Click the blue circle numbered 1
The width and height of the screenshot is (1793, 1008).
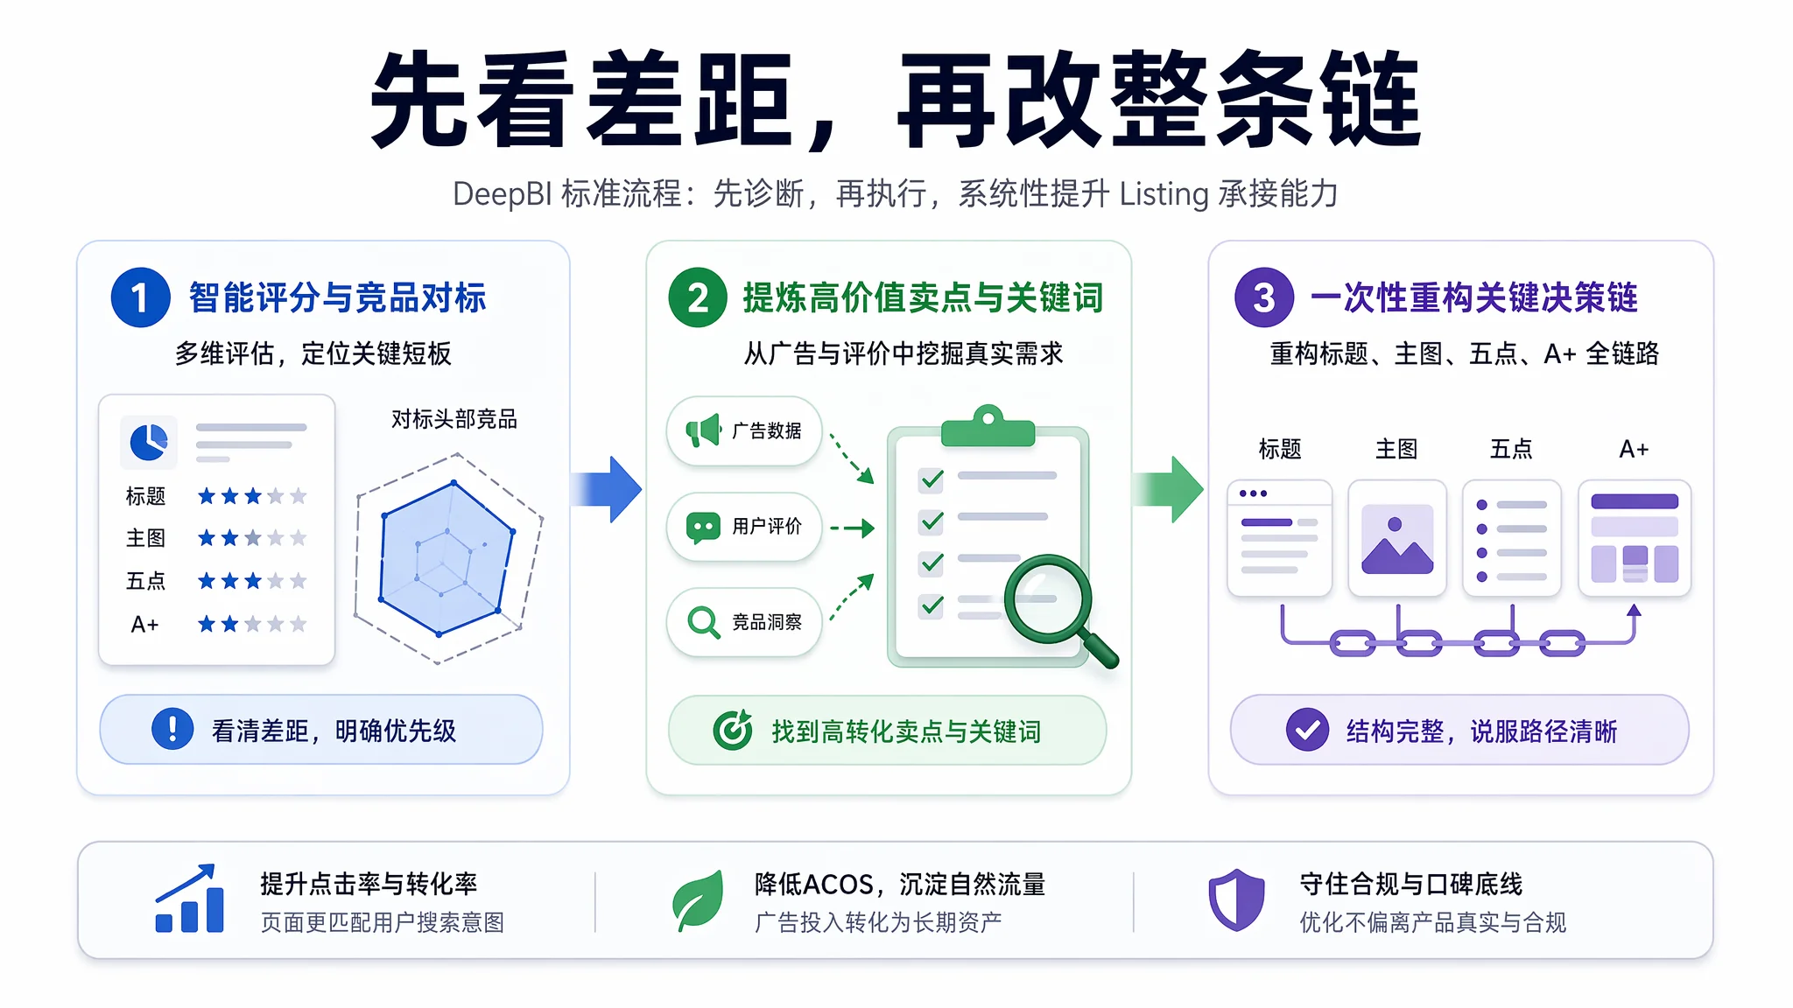pyautogui.click(x=140, y=297)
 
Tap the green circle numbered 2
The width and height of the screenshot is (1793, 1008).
pyautogui.click(x=698, y=297)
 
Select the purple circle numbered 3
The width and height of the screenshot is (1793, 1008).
pyautogui.click(x=1263, y=297)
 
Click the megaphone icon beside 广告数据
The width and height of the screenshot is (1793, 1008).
pyautogui.click(x=703, y=430)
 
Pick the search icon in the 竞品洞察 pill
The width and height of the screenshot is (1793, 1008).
pyautogui.click(x=704, y=622)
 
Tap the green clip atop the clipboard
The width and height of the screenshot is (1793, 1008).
pyautogui.click(x=988, y=426)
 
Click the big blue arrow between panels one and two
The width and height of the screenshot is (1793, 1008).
pyautogui.click(x=606, y=489)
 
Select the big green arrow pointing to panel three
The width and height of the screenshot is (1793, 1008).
pyautogui.click(x=1168, y=489)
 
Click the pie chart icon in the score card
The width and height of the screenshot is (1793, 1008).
pyautogui.click(x=149, y=442)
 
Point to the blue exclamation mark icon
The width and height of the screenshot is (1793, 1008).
pyautogui.click(x=172, y=729)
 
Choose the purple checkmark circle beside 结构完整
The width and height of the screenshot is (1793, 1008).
pyautogui.click(x=1307, y=729)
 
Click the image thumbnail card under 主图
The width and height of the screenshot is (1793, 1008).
pyautogui.click(x=1397, y=538)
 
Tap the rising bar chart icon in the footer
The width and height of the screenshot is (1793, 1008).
pyautogui.click(x=189, y=899)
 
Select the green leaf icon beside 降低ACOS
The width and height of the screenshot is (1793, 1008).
pyautogui.click(x=699, y=900)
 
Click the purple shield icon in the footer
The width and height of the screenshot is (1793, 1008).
pyautogui.click(x=1236, y=899)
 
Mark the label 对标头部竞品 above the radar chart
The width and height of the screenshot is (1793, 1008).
pyautogui.click(x=454, y=419)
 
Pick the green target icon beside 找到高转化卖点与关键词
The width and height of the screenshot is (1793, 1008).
pyautogui.click(x=733, y=729)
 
